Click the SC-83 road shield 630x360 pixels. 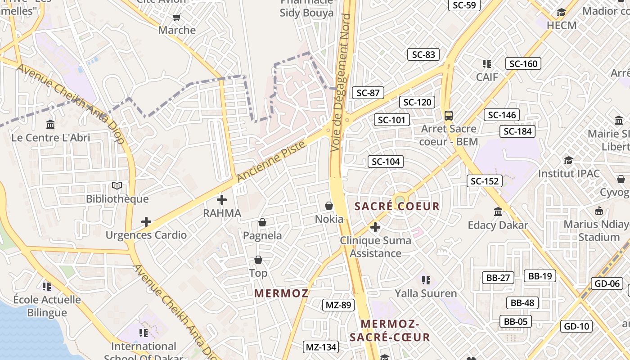(x=423, y=54)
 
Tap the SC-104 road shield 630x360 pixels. (x=386, y=162)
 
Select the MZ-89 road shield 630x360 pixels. (x=338, y=305)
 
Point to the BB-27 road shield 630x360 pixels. (x=498, y=278)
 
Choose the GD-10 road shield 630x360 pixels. (x=576, y=326)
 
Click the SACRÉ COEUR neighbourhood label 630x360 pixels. (x=397, y=207)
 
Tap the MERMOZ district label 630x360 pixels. (x=281, y=293)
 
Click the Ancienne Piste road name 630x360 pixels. (x=271, y=161)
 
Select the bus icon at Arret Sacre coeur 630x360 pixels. (x=449, y=115)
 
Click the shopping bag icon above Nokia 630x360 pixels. (x=329, y=206)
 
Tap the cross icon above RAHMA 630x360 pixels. (x=222, y=200)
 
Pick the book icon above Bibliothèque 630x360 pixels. (x=117, y=185)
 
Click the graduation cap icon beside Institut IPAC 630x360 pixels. (x=569, y=160)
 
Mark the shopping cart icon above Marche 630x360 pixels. (x=177, y=17)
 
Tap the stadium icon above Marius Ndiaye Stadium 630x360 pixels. (x=599, y=211)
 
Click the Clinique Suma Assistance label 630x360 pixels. (x=375, y=247)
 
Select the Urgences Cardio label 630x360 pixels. (x=146, y=235)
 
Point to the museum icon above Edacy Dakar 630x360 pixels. (x=498, y=211)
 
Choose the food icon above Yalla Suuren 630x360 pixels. (x=426, y=280)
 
